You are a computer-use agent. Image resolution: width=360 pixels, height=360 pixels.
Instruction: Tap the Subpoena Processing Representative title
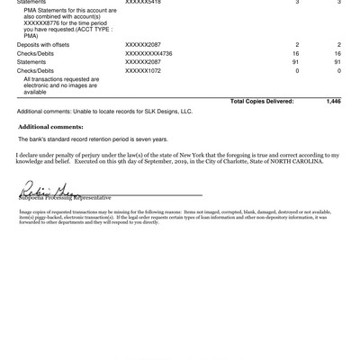click(62, 197)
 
